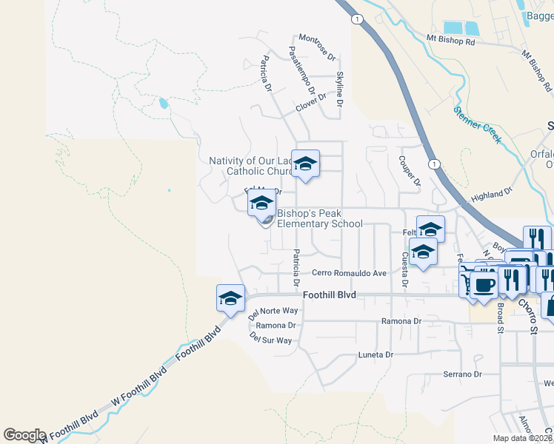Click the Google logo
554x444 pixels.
point(24,435)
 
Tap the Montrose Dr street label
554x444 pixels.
point(318,46)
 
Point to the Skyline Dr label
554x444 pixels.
point(340,90)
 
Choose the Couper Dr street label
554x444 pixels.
point(410,171)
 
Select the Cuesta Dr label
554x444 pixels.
point(405,269)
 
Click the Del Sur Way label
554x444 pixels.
point(270,340)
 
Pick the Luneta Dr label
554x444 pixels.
point(374,355)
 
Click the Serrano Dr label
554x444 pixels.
point(463,374)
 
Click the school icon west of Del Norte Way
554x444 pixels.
point(230,298)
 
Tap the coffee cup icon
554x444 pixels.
point(484,285)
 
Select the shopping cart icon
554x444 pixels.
point(467,283)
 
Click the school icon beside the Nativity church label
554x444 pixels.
point(305,164)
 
